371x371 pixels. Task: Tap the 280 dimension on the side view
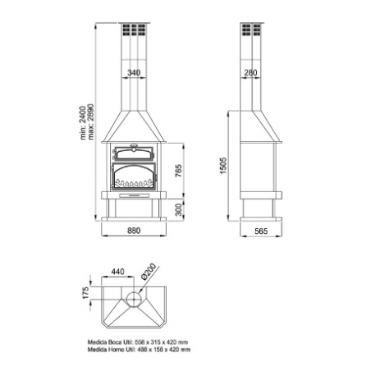point(252,74)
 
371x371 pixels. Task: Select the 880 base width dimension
point(134,232)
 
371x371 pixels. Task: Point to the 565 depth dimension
point(260,232)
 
